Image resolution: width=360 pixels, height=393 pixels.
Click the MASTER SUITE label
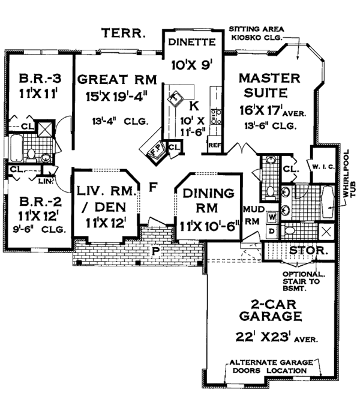pyautogui.click(x=265, y=86)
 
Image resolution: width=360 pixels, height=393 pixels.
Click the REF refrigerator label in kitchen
pyautogui.click(x=214, y=145)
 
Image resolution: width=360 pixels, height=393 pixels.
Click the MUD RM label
pyautogui.click(x=250, y=215)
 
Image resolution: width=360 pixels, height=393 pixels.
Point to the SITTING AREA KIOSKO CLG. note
pyautogui.click(x=258, y=33)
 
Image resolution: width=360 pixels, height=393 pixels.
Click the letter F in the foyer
pyautogui.click(x=154, y=188)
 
